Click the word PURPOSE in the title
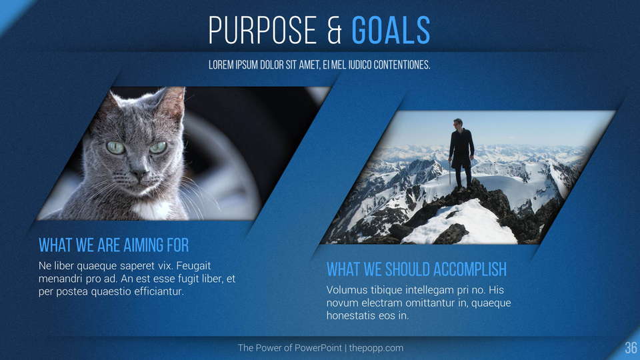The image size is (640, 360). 263,30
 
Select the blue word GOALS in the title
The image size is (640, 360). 391,30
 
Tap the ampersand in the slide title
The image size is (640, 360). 334,31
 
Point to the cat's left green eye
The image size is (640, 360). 115,147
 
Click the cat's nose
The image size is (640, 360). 139,173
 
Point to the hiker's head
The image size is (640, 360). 458,123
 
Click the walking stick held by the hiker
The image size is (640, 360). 451,173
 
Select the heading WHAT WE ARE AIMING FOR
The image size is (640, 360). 114,245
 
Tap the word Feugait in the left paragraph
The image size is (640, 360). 193,266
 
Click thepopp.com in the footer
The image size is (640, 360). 376,348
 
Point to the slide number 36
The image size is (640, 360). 631,348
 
